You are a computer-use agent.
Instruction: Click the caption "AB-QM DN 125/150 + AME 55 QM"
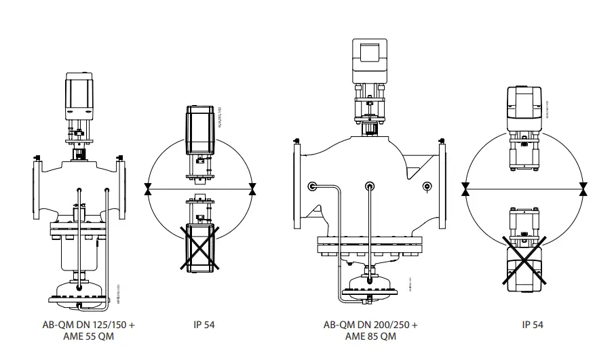pos(88,330)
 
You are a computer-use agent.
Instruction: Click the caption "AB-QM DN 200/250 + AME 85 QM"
pos(370,330)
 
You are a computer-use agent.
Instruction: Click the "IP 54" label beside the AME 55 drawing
pos(204,325)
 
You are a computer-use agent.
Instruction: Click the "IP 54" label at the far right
pos(533,325)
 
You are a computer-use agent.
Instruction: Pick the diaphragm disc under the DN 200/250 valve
pos(370,284)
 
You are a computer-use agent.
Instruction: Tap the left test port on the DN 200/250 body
pos(312,186)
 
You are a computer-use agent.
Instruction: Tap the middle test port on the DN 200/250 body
pos(370,186)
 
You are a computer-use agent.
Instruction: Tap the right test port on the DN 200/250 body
pos(426,186)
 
